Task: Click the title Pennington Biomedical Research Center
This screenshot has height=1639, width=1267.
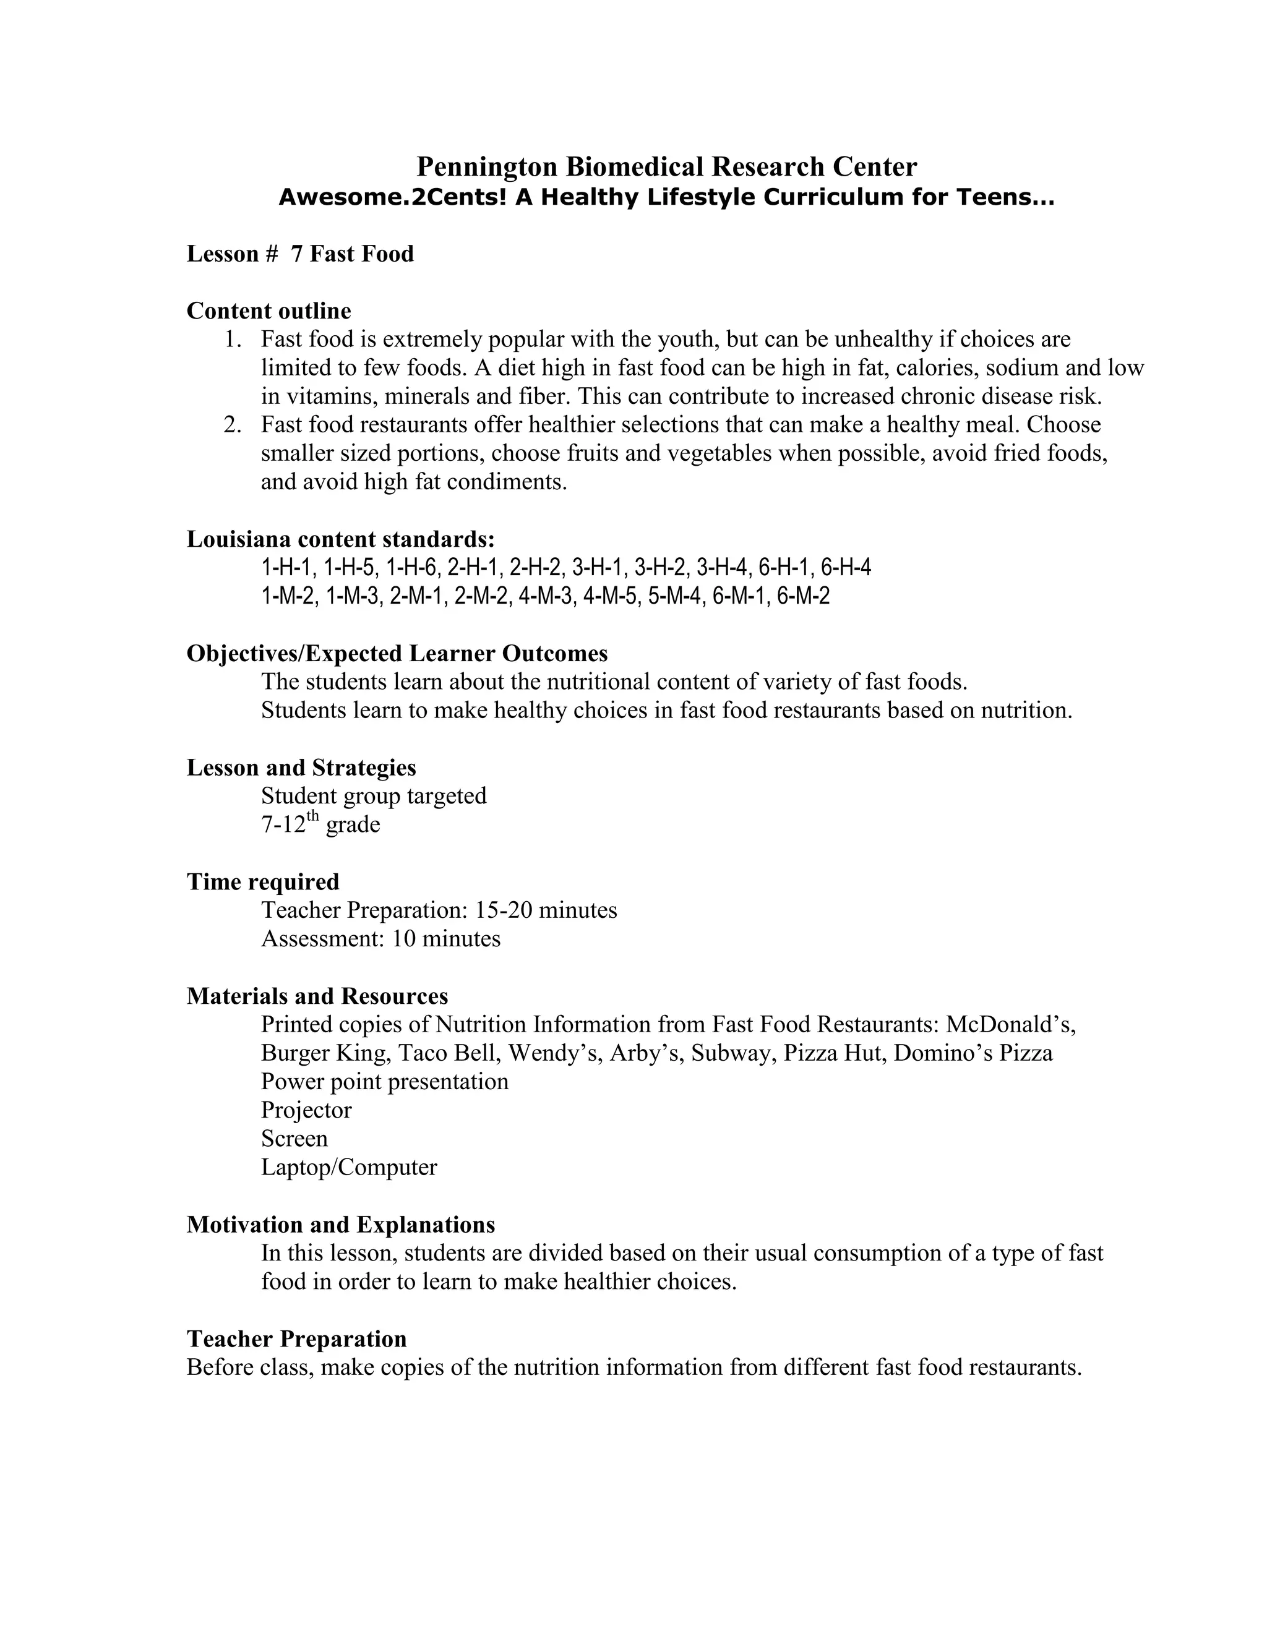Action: pos(666,166)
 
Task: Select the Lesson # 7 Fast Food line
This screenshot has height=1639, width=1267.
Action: pos(299,254)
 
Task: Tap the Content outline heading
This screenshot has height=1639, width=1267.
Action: pos(268,310)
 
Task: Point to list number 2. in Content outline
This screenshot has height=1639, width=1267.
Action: pos(233,425)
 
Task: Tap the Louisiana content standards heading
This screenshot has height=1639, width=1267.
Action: pos(341,539)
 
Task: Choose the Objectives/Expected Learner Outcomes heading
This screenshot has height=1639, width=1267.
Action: pos(397,653)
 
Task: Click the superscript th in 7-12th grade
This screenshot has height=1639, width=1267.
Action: pos(313,816)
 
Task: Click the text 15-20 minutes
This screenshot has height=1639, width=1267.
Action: pos(546,910)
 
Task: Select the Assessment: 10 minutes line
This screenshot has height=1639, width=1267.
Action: pos(380,939)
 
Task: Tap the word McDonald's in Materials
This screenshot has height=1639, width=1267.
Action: pos(1010,1024)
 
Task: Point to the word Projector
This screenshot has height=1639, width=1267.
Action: pos(306,1110)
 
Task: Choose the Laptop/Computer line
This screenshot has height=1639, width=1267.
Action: pos(349,1167)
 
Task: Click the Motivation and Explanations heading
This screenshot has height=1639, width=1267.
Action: pos(341,1224)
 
